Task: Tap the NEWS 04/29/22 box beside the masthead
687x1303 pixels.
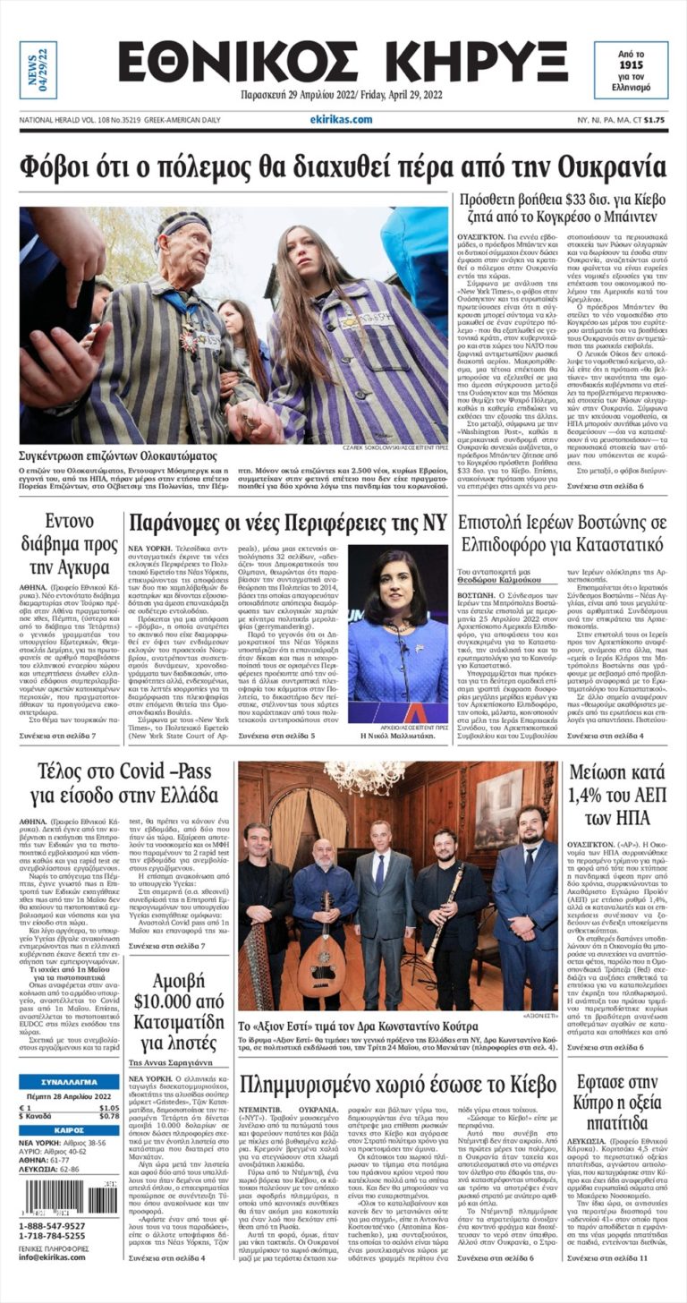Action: (38, 70)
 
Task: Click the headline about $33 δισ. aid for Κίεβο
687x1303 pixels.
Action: (559, 209)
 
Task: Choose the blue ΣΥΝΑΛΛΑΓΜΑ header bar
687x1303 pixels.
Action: (69, 1082)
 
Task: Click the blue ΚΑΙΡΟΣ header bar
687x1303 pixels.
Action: (69, 1129)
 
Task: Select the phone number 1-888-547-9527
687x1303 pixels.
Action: (53, 1226)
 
